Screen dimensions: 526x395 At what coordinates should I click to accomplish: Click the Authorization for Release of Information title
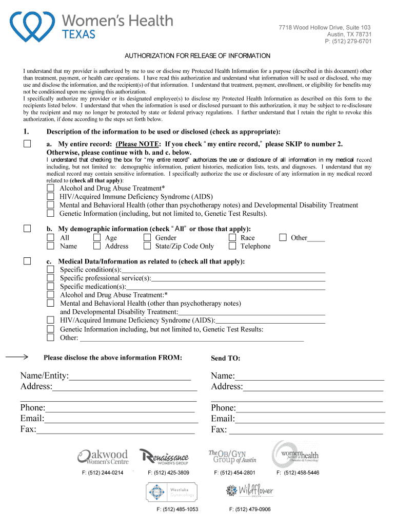pyautogui.click(x=198, y=55)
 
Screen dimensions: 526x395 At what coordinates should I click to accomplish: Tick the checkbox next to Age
pyautogui.click(x=97, y=237)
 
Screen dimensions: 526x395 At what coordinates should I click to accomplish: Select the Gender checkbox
pyautogui.click(x=147, y=237)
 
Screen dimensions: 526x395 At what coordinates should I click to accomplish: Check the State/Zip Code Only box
pyautogui.click(x=147, y=246)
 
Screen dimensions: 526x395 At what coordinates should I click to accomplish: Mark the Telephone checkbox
pyautogui.click(x=232, y=246)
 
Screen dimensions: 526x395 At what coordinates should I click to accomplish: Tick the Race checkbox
pyautogui.click(x=232, y=237)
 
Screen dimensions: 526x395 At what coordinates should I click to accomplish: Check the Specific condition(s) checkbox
pyautogui.click(x=51, y=270)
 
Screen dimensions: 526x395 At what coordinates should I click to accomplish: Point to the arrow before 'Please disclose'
pyautogui.click(x=18, y=356)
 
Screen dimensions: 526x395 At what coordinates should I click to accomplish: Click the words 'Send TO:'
pyautogui.click(x=225, y=358)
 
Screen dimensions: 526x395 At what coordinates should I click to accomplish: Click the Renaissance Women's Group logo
pyautogui.click(x=164, y=456)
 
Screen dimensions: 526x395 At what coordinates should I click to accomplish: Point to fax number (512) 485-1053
pyautogui.click(x=177, y=509)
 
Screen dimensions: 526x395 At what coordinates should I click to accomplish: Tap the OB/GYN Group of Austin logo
pyautogui.click(x=232, y=456)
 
